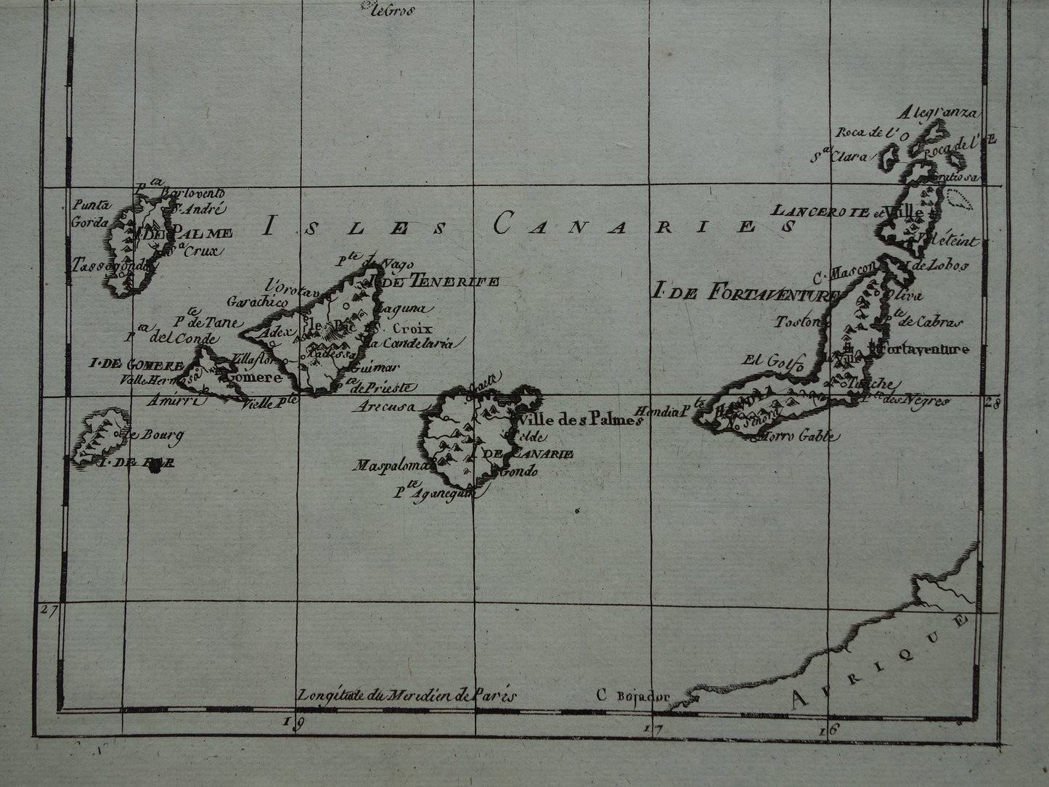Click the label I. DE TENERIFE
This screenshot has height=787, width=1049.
[x=434, y=281]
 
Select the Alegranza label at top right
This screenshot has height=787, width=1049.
[x=937, y=113]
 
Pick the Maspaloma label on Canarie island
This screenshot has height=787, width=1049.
[x=393, y=465]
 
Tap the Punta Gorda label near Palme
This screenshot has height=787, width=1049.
[x=89, y=214]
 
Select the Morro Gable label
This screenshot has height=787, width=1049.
[x=799, y=436]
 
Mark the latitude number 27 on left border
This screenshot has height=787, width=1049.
[x=48, y=611]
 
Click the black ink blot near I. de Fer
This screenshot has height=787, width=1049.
[x=154, y=468]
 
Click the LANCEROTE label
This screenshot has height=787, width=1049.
[x=820, y=211]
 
